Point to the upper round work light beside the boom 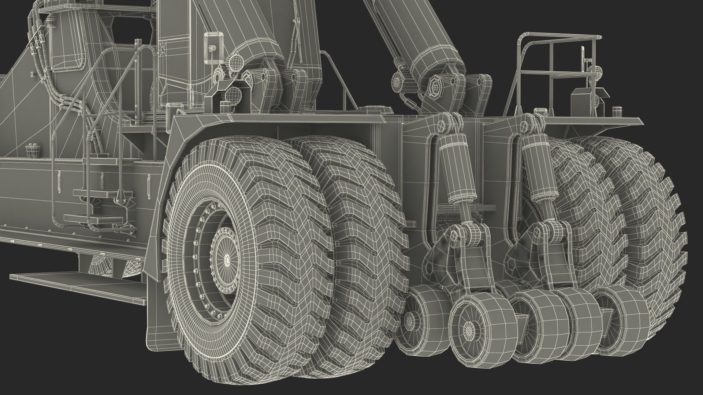click(x=235, y=63)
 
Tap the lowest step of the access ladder click(x=93, y=219)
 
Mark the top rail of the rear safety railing click(x=560, y=37)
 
